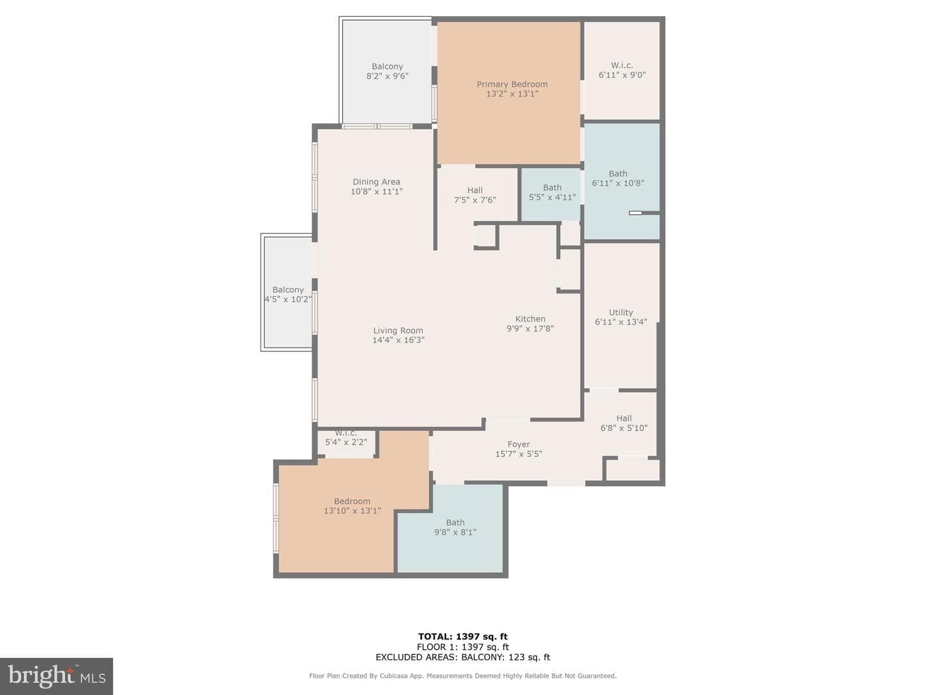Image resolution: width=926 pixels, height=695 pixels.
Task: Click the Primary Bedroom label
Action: pos(512,84)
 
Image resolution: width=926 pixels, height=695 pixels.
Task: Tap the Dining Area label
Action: pos(376,182)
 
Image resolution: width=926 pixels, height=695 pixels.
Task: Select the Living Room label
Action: pos(398,331)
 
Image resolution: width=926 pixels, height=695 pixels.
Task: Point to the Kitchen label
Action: pos(531,319)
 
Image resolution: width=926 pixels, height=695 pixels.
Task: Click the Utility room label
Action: pos(621,312)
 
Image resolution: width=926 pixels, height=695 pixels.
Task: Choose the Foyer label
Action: pos(518,444)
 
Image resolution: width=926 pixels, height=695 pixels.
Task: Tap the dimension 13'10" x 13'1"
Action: pos(352,510)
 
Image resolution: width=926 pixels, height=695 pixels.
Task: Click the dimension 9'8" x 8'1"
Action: pos(455,532)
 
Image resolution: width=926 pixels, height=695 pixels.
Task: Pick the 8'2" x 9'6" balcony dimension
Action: pos(387,76)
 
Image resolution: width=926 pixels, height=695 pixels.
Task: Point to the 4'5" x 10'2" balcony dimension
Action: pos(288,299)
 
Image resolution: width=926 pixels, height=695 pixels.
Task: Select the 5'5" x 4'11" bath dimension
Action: pos(552,197)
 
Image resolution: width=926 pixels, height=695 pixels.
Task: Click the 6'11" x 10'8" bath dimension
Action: pos(618,183)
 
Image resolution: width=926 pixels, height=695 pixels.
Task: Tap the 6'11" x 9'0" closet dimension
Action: pos(622,75)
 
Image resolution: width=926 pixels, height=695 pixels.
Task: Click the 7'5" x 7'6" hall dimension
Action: pos(475,200)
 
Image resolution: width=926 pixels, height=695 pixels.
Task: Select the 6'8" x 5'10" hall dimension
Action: pos(624,428)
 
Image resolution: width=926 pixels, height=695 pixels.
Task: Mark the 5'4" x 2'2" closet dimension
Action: pos(346,442)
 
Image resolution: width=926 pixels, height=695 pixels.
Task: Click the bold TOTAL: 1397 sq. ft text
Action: pos(463,636)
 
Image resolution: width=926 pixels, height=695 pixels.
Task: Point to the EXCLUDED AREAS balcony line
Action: pos(463,657)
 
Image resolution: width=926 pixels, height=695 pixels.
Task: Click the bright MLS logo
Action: pos(57,676)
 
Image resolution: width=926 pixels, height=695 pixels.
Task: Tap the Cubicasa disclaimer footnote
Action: pos(463,676)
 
